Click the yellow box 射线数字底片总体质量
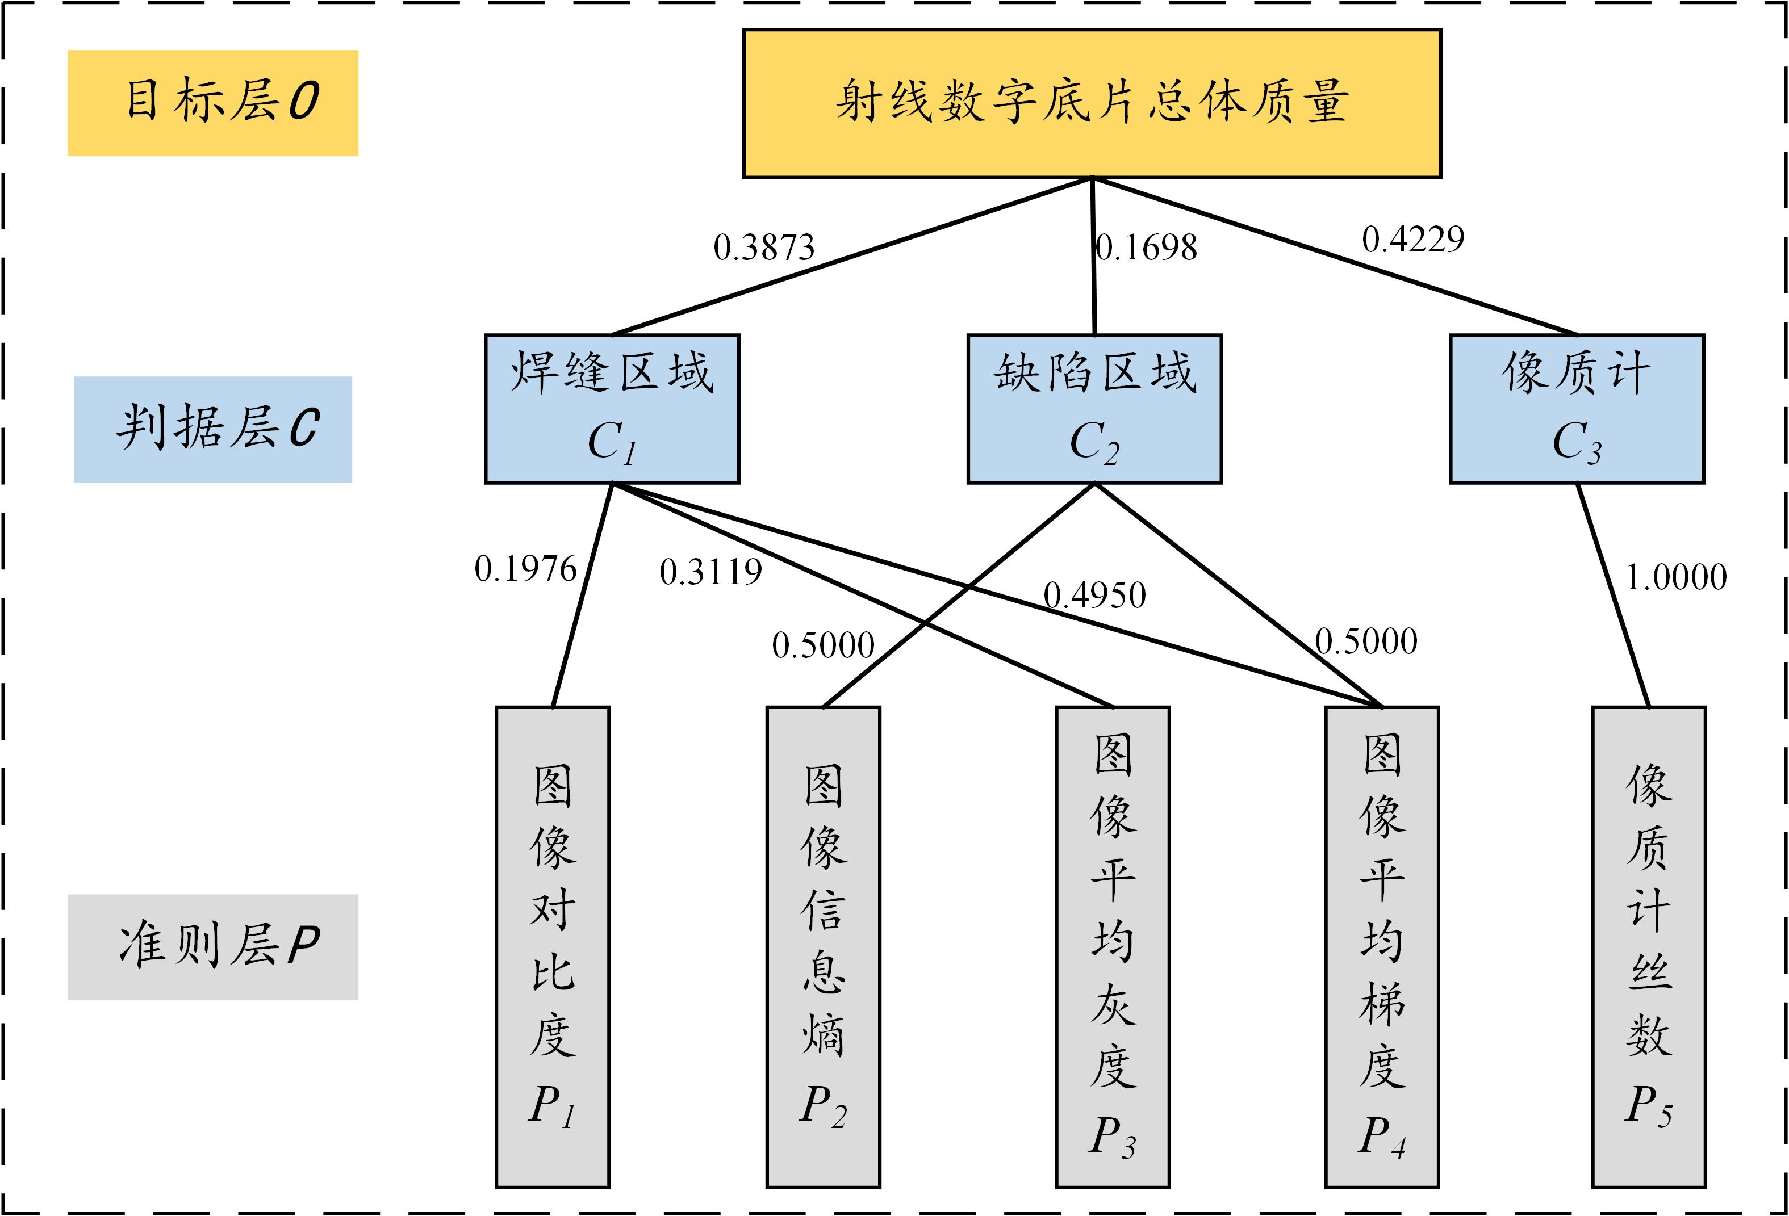coord(1092,104)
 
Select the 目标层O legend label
coord(212,103)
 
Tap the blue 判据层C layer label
coord(212,429)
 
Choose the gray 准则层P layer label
coord(212,947)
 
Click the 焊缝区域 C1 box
coord(612,409)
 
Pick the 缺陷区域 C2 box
coord(1094,409)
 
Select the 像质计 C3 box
coord(1577,409)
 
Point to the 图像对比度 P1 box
coord(553,947)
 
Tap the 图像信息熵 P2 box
coord(823,947)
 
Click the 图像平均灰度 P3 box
coord(1113,947)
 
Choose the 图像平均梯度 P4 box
coord(1382,947)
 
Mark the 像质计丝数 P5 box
coord(1649,947)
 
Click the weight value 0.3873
coord(764,247)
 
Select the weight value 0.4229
coord(1414,240)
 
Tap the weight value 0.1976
coord(526,569)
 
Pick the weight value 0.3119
coord(710,572)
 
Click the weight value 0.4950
coord(1094,595)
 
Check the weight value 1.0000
coord(1676,577)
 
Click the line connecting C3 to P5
coord(1613,595)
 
